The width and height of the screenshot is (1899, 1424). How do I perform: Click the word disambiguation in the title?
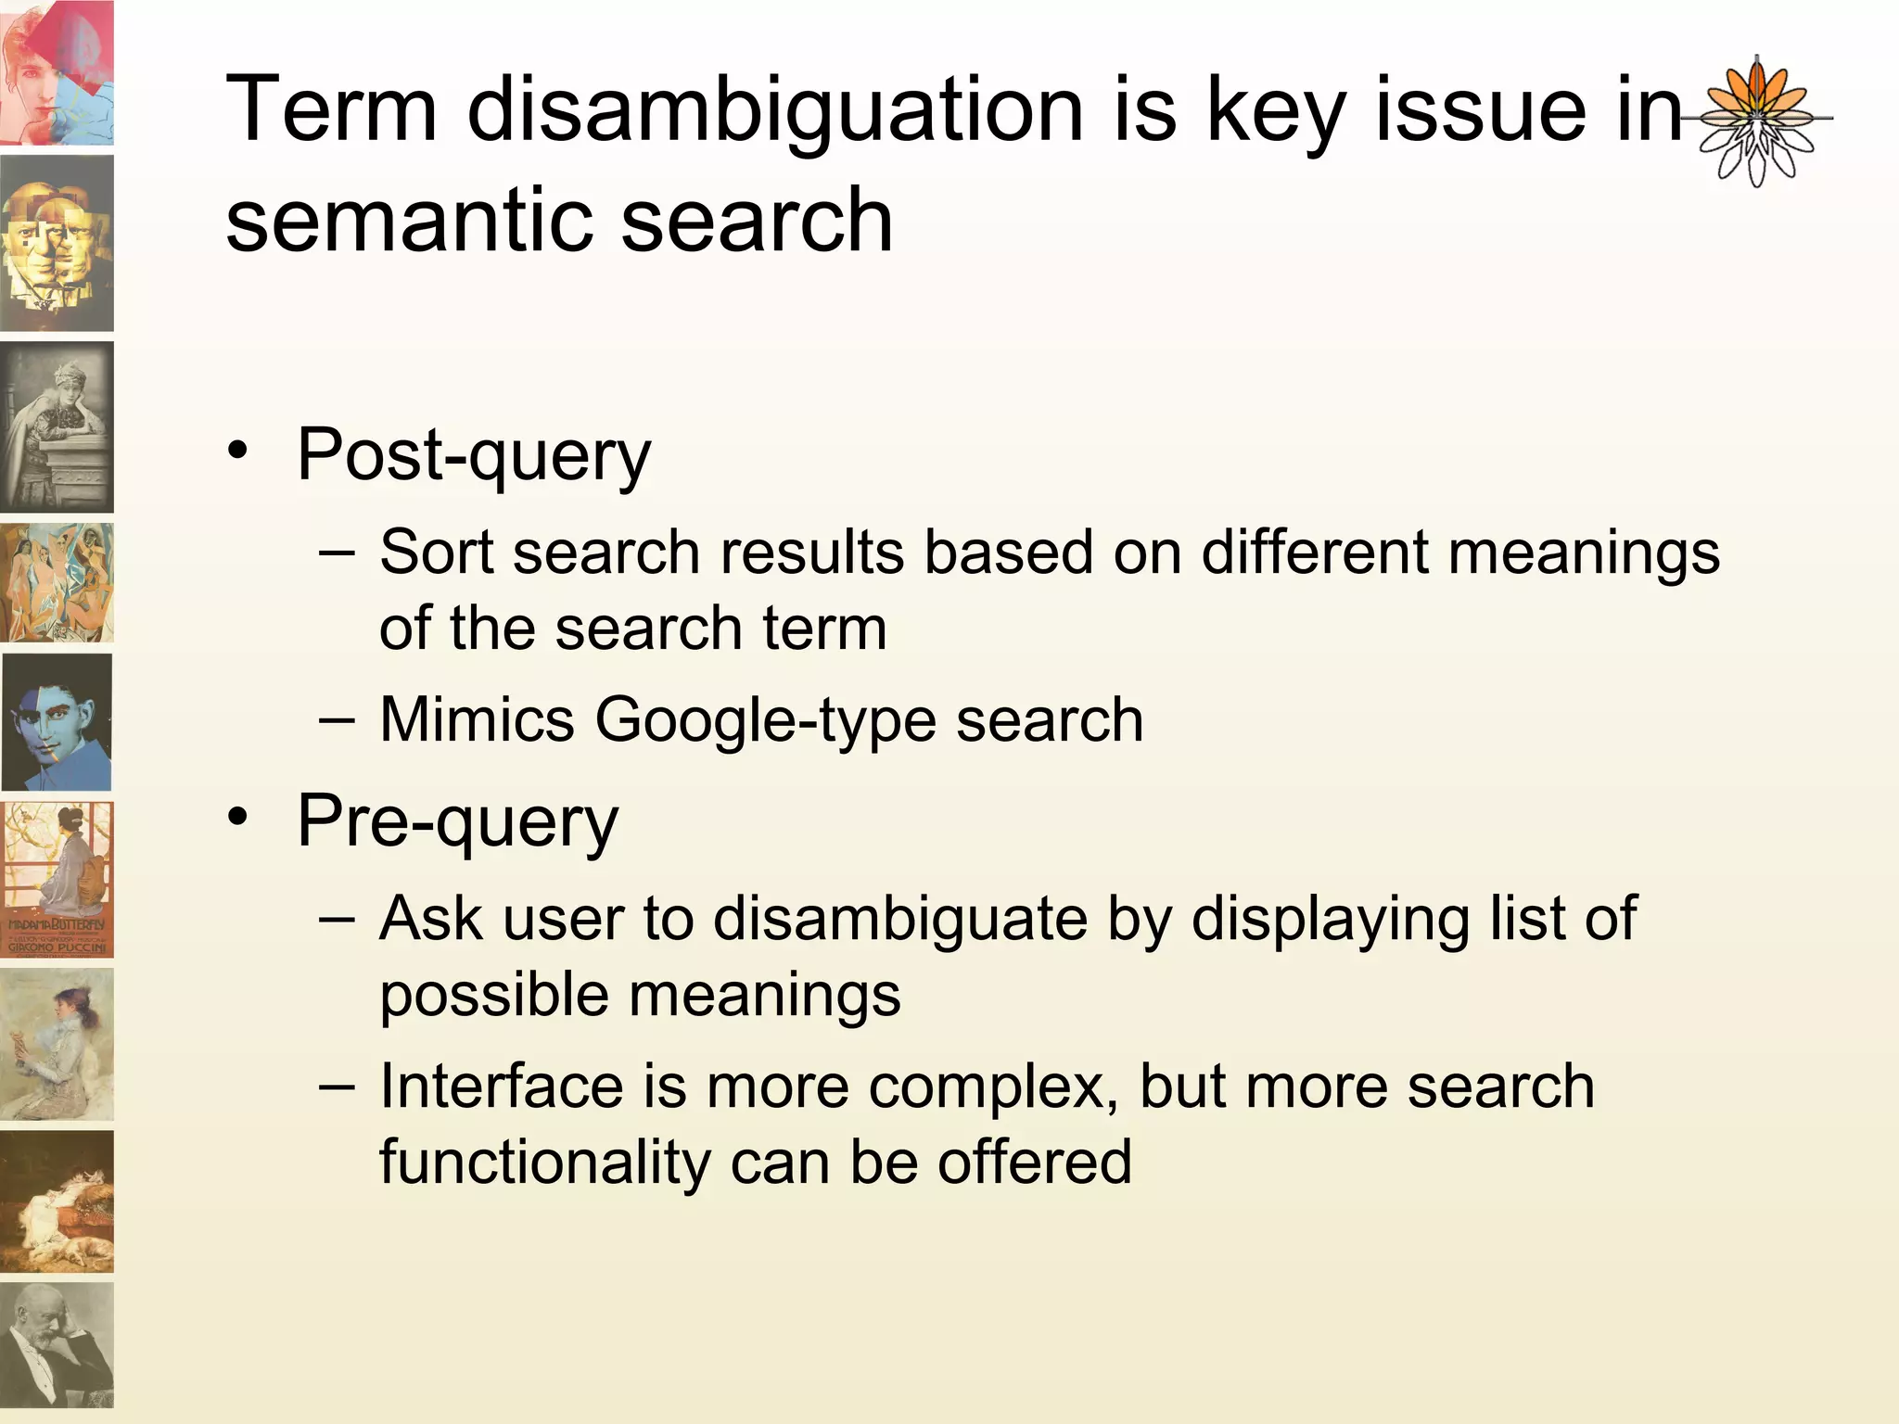pyautogui.click(x=774, y=111)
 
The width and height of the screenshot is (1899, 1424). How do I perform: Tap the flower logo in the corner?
pyautogui.click(x=1756, y=121)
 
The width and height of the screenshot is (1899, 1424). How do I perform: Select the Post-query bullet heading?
pyautogui.click(x=474, y=455)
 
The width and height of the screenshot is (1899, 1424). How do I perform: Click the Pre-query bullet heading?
pyautogui.click(x=457, y=821)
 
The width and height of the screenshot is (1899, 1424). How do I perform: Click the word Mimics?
pyautogui.click(x=477, y=720)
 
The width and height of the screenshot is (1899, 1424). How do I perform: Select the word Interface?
pyautogui.click(x=501, y=1087)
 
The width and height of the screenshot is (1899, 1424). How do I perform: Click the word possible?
pyautogui.click(x=494, y=996)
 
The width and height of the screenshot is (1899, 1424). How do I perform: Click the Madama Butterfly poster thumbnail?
pyautogui.click(x=57, y=880)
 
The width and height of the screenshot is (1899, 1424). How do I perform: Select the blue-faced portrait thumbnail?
pyautogui.click(x=57, y=722)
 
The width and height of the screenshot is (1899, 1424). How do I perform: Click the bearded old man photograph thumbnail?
pyautogui.click(x=57, y=1345)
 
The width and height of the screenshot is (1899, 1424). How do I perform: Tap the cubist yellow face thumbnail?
pyautogui.click(x=57, y=243)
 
